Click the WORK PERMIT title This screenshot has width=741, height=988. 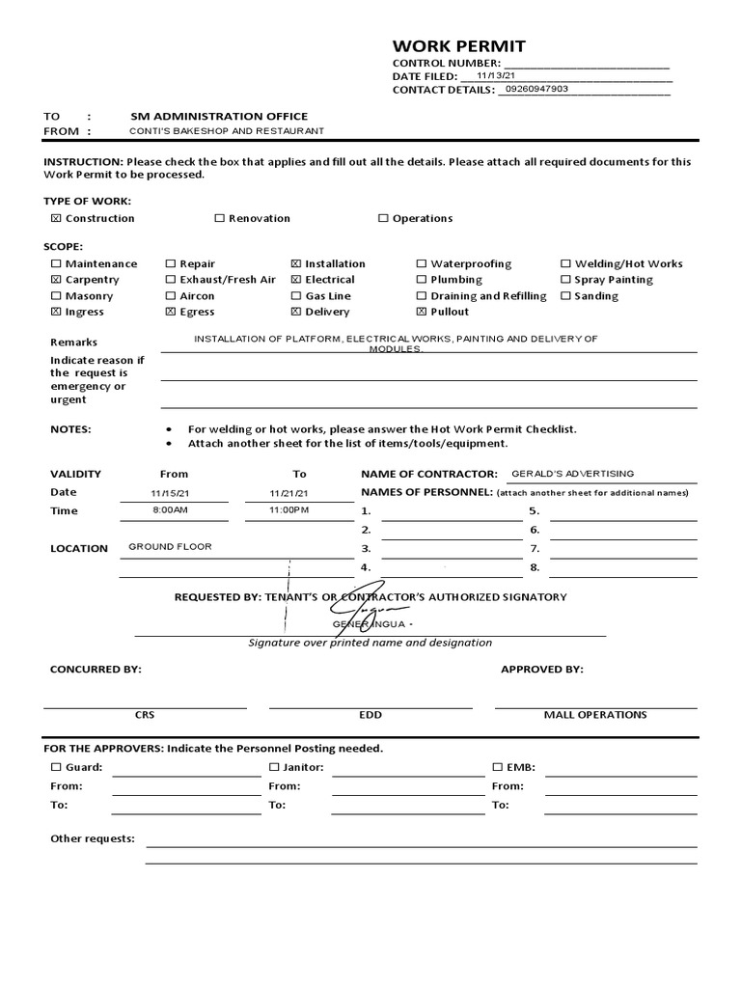(458, 47)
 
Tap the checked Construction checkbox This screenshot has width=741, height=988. (56, 219)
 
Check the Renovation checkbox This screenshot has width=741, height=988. (219, 219)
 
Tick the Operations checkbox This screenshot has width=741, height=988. (383, 219)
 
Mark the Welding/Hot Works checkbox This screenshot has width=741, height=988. (566, 263)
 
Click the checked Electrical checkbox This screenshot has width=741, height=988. (295, 280)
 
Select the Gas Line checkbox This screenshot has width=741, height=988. (295, 296)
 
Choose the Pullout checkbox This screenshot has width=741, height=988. (422, 313)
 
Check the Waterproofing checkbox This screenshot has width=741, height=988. (422, 263)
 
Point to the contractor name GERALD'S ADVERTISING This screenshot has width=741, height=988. (572, 474)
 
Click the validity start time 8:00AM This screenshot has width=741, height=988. (170, 508)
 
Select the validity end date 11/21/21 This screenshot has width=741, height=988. (290, 493)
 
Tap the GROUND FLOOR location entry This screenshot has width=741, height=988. (170, 546)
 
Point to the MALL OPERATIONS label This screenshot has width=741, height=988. (595, 715)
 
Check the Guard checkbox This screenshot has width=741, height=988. (56, 768)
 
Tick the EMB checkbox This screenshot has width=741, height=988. (498, 768)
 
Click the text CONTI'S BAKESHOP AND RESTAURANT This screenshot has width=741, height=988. (228, 131)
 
